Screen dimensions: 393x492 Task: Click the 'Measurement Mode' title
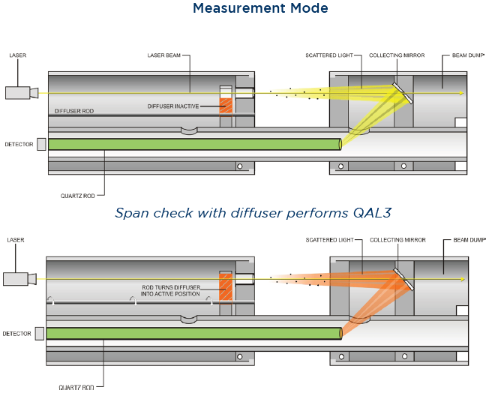click(x=260, y=9)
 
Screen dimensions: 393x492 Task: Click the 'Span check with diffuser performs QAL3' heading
click(x=253, y=213)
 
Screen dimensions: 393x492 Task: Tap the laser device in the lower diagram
click(x=19, y=278)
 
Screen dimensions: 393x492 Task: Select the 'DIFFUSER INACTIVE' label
click(x=173, y=106)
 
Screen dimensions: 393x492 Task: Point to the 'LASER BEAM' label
click(x=164, y=55)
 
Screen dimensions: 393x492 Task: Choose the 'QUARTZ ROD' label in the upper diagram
click(x=78, y=196)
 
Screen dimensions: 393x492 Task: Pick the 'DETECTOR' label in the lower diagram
click(x=17, y=333)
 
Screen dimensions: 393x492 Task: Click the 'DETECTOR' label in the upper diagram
click(x=19, y=143)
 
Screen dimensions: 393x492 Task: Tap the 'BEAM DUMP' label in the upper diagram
click(x=469, y=55)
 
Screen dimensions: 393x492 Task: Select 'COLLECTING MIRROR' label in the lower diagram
click(x=397, y=241)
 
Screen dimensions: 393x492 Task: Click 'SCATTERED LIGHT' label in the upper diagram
click(x=329, y=55)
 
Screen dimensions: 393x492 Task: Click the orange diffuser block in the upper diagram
click(x=226, y=104)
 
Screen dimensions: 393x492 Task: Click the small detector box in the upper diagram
click(x=41, y=143)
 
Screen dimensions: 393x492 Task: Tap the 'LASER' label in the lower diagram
click(x=15, y=241)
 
